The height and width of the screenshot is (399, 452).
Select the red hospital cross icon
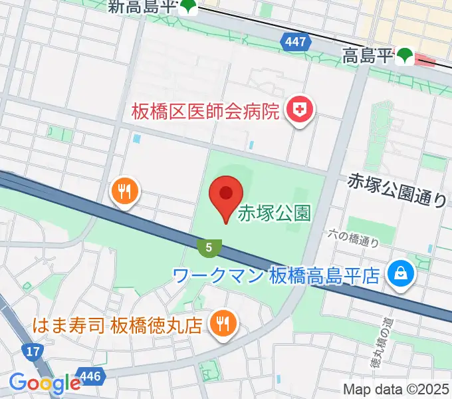point(300,110)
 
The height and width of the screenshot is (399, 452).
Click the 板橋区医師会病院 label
point(205,111)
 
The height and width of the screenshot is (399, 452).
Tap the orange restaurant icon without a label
point(124,192)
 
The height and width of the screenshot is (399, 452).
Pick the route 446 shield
point(91,376)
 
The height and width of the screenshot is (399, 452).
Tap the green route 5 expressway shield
point(209,247)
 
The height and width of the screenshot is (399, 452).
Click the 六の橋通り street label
point(354,237)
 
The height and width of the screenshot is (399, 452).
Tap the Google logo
point(44,382)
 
